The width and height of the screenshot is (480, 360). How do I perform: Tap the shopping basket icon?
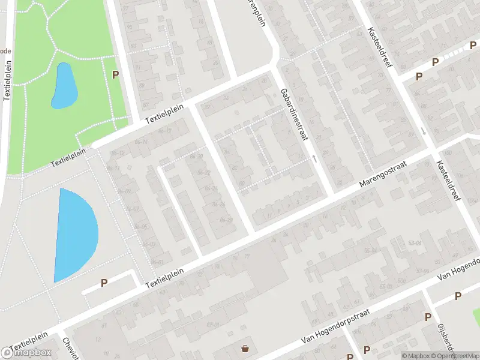(x=245, y=349)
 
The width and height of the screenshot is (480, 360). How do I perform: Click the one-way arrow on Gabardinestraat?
(x=314, y=158)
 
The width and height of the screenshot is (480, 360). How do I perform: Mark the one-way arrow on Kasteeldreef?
(x=424, y=131)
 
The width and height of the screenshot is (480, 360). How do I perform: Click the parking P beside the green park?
(x=115, y=74)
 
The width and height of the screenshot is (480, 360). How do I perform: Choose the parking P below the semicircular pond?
(x=104, y=283)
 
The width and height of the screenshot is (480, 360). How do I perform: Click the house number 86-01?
(x=157, y=262)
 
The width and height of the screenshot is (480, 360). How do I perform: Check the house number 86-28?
(x=226, y=220)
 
